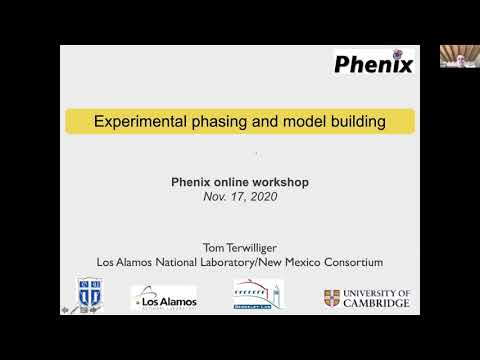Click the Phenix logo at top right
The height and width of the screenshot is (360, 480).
(374, 67)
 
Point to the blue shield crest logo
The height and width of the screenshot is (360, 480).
(91, 295)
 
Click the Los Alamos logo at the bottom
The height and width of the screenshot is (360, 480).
(164, 298)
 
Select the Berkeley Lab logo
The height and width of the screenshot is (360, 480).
(257, 295)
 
